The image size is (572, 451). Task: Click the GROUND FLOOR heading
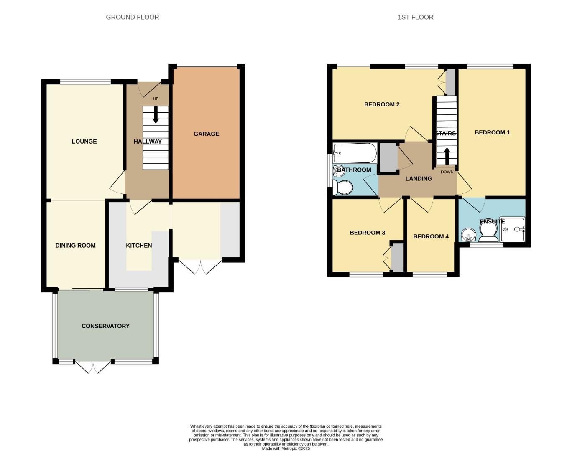(x=132, y=17)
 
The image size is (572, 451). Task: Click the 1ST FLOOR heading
(x=415, y=17)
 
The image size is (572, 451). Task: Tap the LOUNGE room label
(x=84, y=142)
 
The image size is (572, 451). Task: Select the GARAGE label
(x=206, y=134)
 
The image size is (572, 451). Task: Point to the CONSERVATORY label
(x=105, y=326)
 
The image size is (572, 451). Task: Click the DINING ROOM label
(x=75, y=246)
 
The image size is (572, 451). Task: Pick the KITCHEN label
(x=139, y=246)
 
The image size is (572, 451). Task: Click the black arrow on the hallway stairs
(x=156, y=115)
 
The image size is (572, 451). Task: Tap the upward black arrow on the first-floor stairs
(x=447, y=156)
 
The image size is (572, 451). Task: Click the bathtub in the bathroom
(x=355, y=153)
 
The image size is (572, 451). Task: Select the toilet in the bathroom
(x=344, y=188)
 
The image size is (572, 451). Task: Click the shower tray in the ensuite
(x=512, y=229)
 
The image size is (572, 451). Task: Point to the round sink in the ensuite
(x=468, y=235)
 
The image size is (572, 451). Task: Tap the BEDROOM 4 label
(x=431, y=236)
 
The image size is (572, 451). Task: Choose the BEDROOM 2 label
(x=382, y=104)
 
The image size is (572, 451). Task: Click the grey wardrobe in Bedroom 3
(x=397, y=257)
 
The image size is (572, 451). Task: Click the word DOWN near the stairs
(x=447, y=172)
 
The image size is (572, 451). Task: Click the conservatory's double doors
(x=94, y=367)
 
